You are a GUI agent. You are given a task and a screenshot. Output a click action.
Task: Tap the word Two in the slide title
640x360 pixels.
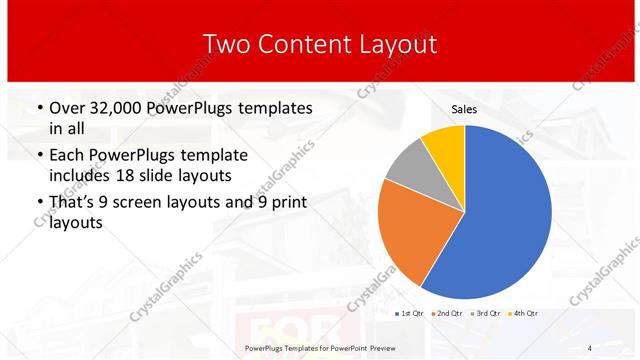(x=229, y=44)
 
